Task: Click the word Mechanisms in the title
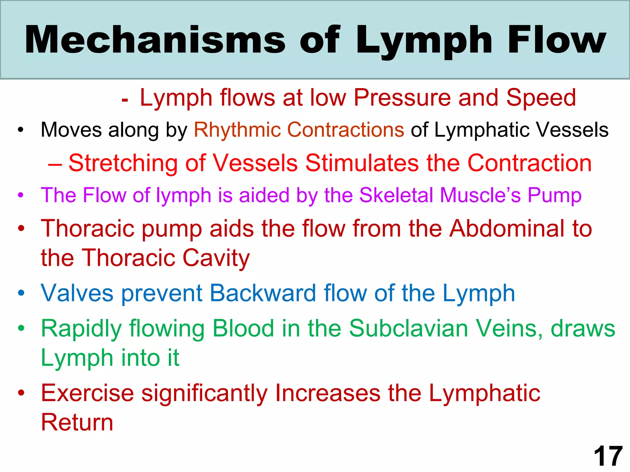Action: (155, 40)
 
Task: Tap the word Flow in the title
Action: (557, 40)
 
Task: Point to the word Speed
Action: (541, 98)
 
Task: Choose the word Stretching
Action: (123, 163)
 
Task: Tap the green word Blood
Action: (243, 328)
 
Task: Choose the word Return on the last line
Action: (77, 422)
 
